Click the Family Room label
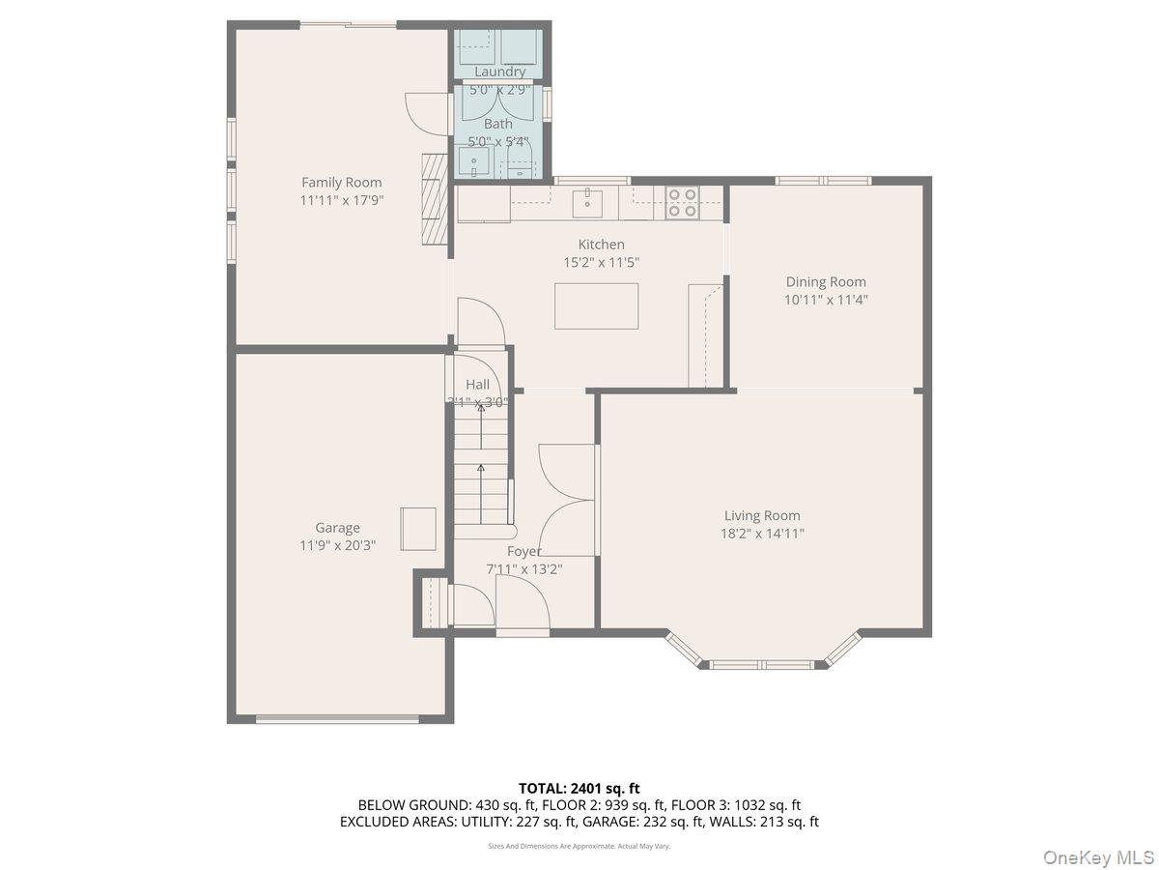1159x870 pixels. (x=341, y=182)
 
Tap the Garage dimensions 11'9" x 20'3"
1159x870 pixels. (x=337, y=544)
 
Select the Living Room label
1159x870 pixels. (x=762, y=515)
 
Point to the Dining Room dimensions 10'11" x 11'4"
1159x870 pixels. (x=825, y=300)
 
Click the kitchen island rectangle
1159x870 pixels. (x=596, y=305)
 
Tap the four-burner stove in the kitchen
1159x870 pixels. (x=682, y=202)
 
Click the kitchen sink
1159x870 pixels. (x=587, y=204)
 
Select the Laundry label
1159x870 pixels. (x=499, y=72)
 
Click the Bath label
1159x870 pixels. (x=498, y=124)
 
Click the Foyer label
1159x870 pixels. (x=524, y=551)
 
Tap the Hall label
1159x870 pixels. (x=477, y=385)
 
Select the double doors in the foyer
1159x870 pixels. (x=567, y=500)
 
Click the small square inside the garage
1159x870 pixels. (x=418, y=529)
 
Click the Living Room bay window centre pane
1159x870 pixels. (x=762, y=664)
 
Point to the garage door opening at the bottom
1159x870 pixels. (x=337, y=718)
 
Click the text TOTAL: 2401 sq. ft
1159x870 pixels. (x=579, y=789)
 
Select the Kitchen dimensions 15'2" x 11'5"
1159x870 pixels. (x=601, y=262)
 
